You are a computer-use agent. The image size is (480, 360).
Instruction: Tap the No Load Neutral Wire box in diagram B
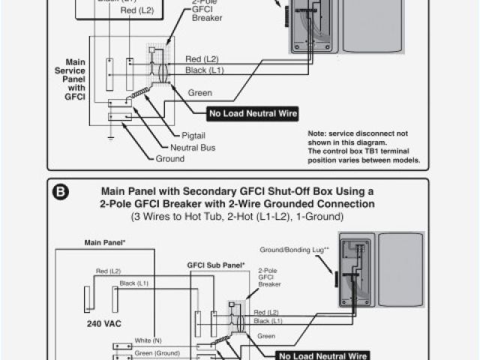(x=325, y=355)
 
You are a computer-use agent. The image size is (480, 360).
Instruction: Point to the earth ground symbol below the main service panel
(x=109, y=136)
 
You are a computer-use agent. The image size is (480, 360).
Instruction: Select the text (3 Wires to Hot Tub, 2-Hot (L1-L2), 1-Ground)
(x=238, y=216)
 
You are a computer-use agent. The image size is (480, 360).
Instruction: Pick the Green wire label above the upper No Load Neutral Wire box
(x=199, y=93)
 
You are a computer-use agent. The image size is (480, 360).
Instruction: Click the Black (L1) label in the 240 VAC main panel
(x=133, y=283)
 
